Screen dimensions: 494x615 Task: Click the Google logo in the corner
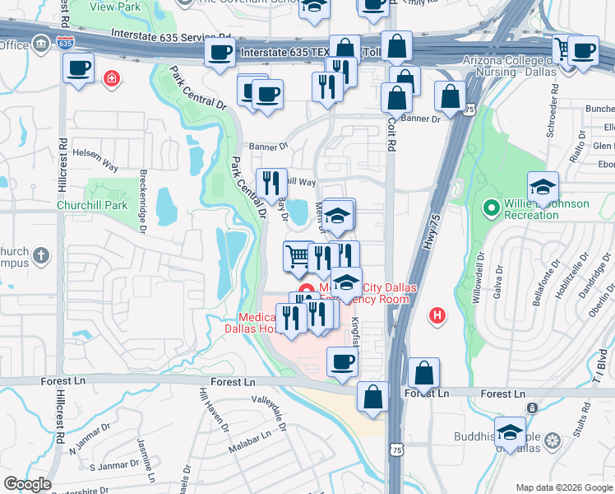27,484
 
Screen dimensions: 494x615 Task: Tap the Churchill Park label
92,205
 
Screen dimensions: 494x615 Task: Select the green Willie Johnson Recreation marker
492,209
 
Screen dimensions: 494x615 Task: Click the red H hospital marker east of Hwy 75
438,315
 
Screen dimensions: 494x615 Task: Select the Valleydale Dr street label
272,407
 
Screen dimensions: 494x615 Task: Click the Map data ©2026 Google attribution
563,487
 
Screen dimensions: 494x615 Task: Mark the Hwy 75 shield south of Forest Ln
398,449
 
